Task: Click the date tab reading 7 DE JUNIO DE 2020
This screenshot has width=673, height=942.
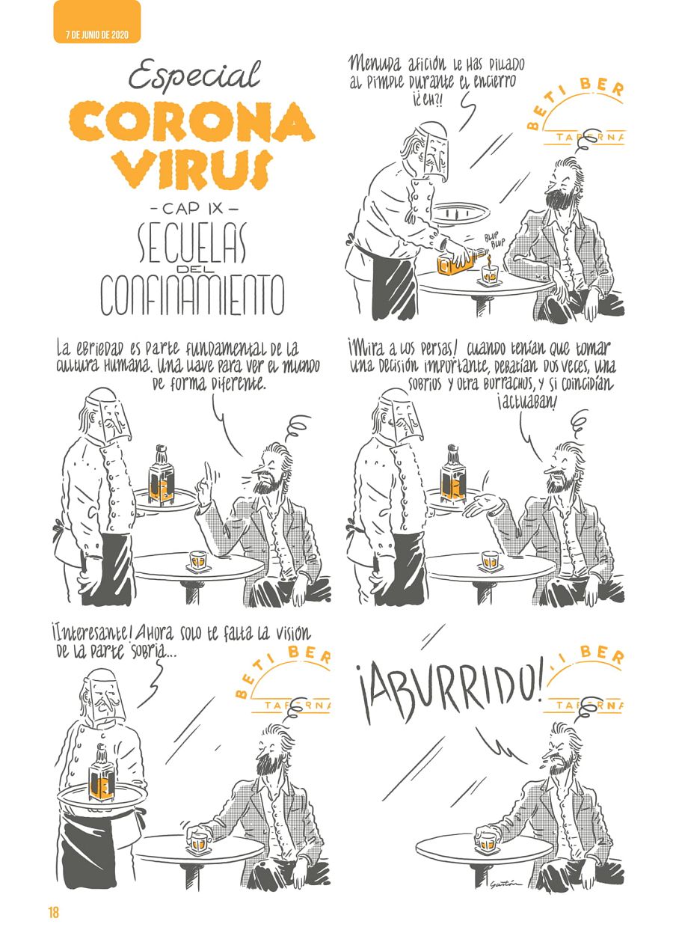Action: [x=96, y=35]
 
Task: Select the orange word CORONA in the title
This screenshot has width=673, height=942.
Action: [x=191, y=123]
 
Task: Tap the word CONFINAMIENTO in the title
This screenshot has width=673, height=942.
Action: [x=192, y=295]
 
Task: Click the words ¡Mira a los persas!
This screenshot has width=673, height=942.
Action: [x=403, y=349]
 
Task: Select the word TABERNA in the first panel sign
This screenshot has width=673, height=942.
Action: [x=589, y=138]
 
